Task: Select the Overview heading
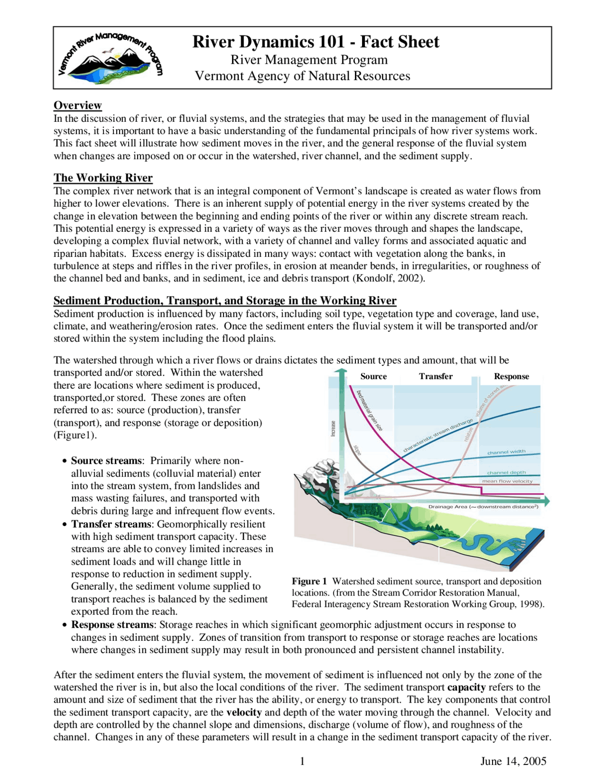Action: tap(78, 105)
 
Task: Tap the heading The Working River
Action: tap(103, 178)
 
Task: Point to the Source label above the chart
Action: tap(373, 376)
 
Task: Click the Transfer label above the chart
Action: tap(435, 376)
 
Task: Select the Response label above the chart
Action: tap(511, 376)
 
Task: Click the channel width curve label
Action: tap(506, 452)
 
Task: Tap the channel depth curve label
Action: tap(506, 472)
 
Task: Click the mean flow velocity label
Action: tap(507, 481)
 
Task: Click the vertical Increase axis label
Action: tap(333, 428)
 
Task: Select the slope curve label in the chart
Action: tap(357, 450)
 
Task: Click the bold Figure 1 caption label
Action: tap(309, 581)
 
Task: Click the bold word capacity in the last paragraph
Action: tap(467, 688)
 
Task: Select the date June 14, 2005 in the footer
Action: tap(513, 761)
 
